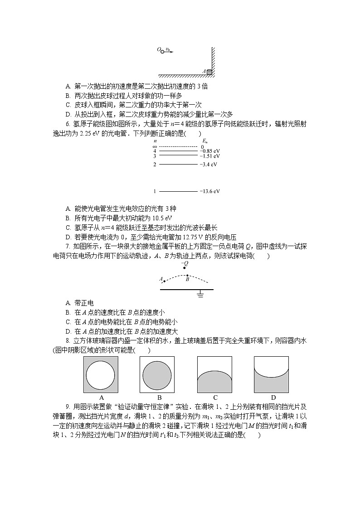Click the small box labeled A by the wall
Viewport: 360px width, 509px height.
click(209, 72)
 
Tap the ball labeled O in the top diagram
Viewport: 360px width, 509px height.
click(162, 52)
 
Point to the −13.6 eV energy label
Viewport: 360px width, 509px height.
click(209, 191)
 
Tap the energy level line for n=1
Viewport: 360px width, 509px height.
click(178, 191)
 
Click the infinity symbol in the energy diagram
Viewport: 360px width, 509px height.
click(155, 146)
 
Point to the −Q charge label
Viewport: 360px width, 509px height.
click(185, 263)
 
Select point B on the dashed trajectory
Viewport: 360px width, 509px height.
click(187, 275)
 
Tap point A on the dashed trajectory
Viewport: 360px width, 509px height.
click(164, 281)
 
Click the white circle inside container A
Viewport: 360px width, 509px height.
click(101, 375)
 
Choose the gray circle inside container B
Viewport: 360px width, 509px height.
click(157, 375)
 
